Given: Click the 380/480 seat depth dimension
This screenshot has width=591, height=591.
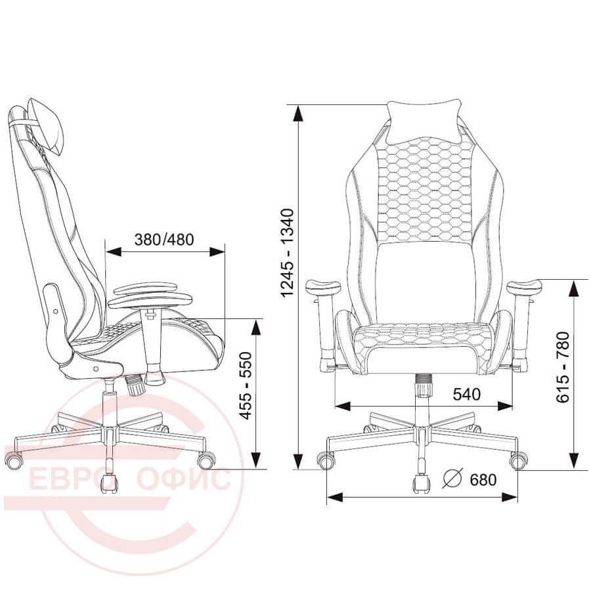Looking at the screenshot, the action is (164, 239).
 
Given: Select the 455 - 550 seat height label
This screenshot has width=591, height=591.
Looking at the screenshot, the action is (246, 385).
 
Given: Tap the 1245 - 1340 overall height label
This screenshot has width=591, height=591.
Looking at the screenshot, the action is (287, 253).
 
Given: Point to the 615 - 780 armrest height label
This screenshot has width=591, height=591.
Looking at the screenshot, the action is (563, 367).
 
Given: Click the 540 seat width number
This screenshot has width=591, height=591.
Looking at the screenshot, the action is (467, 394).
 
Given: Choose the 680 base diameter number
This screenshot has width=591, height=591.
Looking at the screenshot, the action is (483, 480).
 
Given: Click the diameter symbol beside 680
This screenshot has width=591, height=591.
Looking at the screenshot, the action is (452, 479).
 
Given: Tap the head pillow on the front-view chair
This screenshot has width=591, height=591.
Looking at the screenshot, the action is (424, 121).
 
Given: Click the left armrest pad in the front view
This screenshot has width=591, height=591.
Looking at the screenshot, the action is (322, 287).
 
